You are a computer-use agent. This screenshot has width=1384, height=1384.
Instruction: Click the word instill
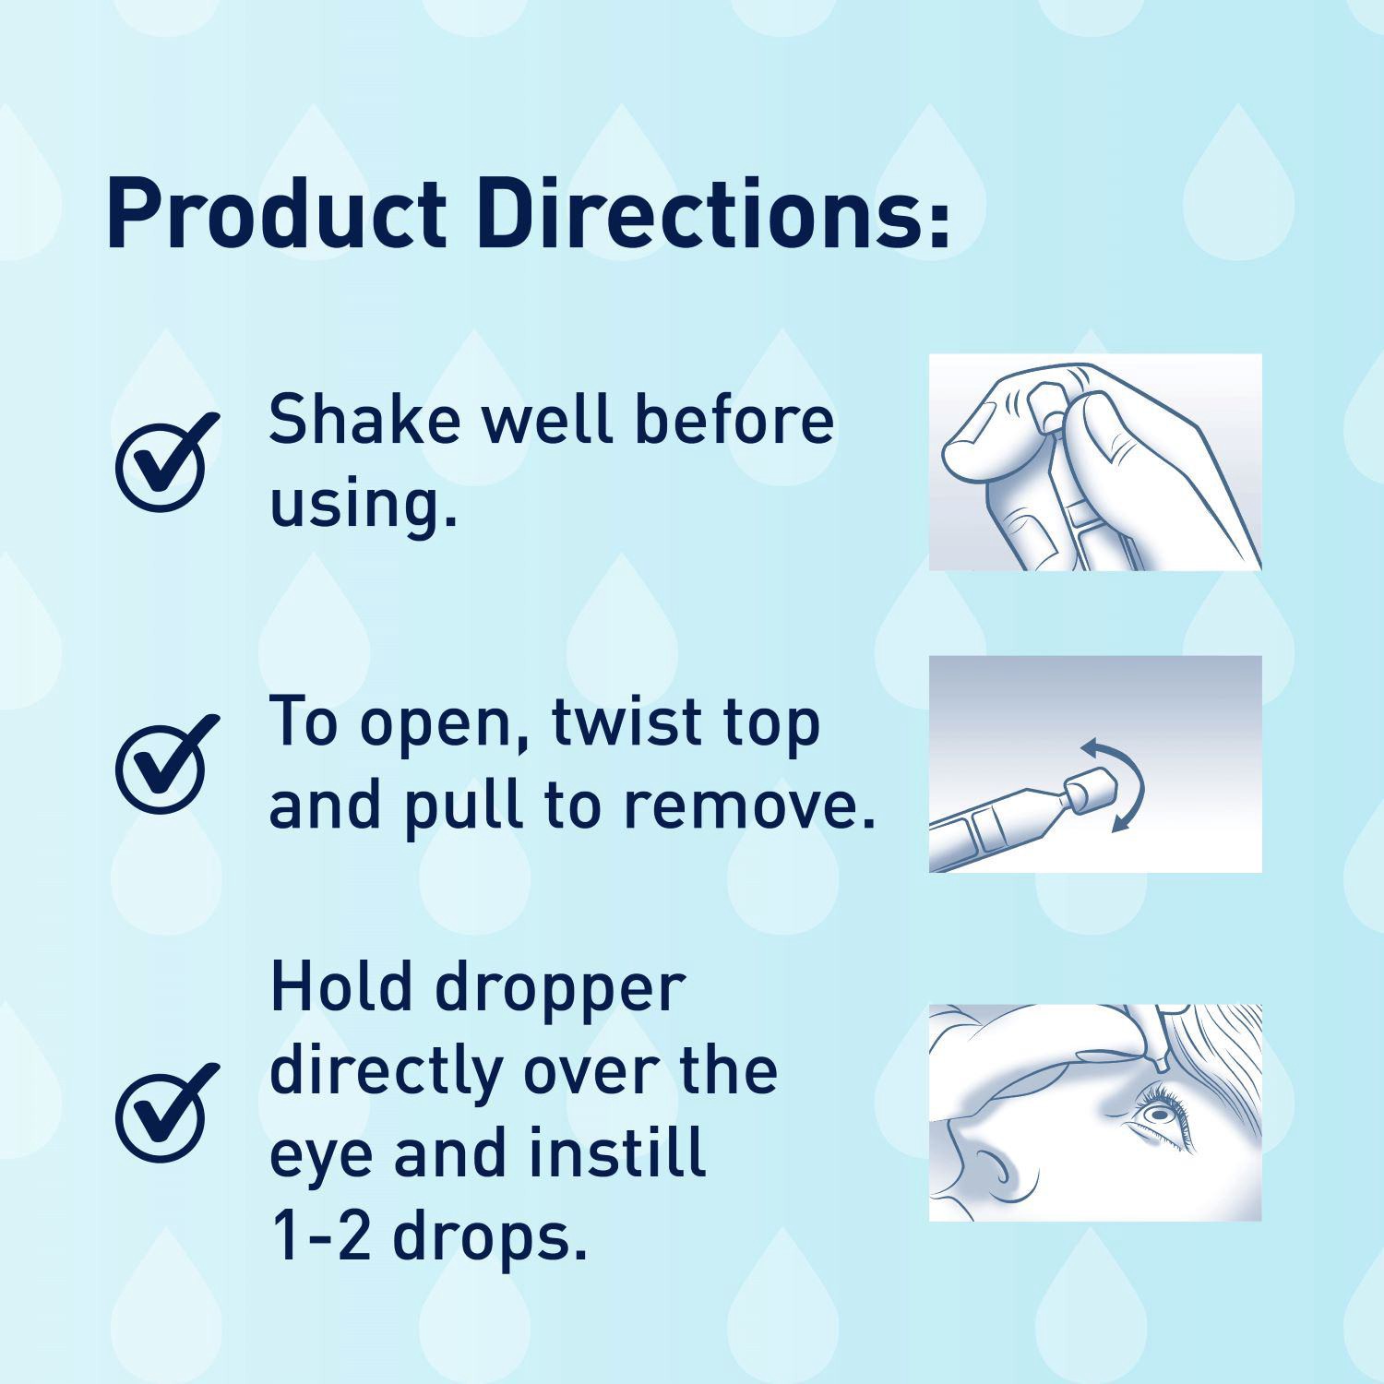(617, 1153)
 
